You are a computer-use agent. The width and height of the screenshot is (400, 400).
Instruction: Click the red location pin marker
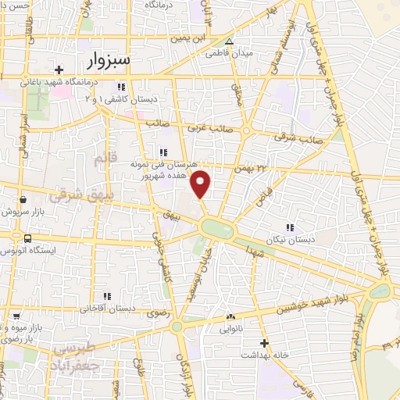(202, 184)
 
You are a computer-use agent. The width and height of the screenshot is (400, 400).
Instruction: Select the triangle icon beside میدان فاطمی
(229, 41)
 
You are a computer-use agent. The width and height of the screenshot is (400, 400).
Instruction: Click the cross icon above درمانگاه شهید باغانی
(58, 69)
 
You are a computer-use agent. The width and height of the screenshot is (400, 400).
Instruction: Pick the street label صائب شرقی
(295, 137)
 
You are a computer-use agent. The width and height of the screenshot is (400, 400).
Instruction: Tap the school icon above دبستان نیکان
(289, 227)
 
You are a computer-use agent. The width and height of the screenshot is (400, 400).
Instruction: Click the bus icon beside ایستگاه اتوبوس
(28, 237)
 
